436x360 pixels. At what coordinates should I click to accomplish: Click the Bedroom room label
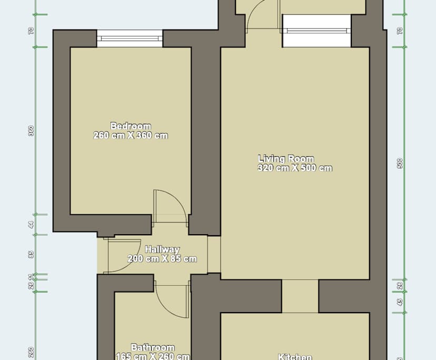click(x=131, y=126)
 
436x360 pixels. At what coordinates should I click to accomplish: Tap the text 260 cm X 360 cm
click(x=131, y=135)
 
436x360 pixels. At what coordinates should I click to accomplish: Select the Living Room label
click(x=286, y=158)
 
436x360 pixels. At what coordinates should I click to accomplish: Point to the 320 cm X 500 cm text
click(x=295, y=168)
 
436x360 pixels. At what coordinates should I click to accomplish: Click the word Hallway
click(x=162, y=249)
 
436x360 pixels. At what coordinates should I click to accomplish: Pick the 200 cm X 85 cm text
click(x=162, y=258)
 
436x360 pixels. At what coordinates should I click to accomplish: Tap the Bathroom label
click(x=153, y=347)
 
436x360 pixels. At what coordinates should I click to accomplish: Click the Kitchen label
click(x=294, y=357)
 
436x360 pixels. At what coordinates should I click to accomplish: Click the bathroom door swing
click(x=172, y=298)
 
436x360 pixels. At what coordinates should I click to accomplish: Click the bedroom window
click(x=130, y=38)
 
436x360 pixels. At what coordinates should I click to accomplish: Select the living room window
click(x=316, y=31)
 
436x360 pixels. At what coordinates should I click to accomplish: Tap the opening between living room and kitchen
click(x=300, y=296)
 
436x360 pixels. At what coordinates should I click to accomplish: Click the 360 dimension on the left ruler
click(x=31, y=131)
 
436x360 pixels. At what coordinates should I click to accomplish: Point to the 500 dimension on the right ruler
click(x=400, y=164)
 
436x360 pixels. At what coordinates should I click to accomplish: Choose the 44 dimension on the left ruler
click(x=31, y=224)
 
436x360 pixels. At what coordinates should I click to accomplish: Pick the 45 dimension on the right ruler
click(x=400, y=302)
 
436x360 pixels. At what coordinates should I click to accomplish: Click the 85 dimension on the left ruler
click(x=31, y=254)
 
